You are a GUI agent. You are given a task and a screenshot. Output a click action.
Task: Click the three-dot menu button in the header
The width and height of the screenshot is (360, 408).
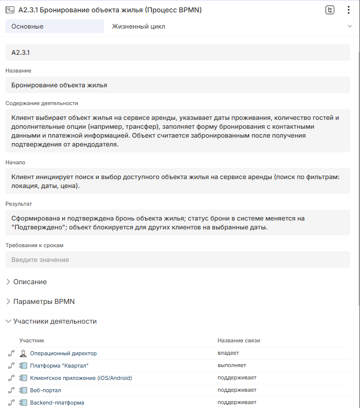[x=348, y=10]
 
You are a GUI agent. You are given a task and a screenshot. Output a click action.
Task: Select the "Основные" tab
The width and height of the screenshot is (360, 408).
[x=54, y=26]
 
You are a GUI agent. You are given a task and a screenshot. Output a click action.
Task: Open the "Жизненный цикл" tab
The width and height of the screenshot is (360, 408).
[x=139, y=26]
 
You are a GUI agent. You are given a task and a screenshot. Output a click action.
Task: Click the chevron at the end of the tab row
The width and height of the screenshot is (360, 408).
[x=350, y=26]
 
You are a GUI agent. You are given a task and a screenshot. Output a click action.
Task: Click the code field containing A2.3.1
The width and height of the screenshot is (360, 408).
[x=178, y=52]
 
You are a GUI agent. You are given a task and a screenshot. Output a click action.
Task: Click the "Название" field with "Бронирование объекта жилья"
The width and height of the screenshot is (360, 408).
[x=178, y=85]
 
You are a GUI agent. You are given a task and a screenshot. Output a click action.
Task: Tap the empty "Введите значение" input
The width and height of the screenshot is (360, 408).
[x=178, y=260]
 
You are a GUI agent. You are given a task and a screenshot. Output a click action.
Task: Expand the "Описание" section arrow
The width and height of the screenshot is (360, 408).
[x=8, y=282]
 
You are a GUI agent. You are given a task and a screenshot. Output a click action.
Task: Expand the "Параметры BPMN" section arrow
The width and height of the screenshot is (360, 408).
[x=8, y=301]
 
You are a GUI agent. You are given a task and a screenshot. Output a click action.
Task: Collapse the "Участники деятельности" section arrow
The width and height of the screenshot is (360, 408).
[x=8, y=321]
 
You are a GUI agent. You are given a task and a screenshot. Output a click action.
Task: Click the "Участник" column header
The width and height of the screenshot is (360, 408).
[x=32, y=340]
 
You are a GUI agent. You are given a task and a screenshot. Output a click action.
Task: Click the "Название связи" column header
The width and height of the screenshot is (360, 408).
[x=239, y=340]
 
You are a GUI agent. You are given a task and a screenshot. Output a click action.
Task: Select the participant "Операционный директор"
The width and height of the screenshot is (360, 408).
[x=63, y=353]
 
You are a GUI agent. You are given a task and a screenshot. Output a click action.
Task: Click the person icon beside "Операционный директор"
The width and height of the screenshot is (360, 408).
[x=23, y=353]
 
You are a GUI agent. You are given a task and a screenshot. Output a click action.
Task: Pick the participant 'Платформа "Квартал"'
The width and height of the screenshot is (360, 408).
[x=59, y=366]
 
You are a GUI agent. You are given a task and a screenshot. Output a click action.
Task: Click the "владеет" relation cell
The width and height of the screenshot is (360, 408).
[x=228, y=353]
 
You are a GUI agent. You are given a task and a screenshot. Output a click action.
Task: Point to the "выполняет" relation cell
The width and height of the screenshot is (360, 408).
[x=232, y=366]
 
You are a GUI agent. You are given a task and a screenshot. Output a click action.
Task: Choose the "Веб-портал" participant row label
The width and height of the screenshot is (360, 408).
[x=46, y=390]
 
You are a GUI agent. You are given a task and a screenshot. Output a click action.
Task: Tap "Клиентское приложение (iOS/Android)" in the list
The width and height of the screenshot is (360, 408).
[x=81, y=378]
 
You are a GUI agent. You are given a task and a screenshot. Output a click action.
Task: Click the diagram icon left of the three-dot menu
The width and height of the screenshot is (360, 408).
[x=330, y=10]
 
